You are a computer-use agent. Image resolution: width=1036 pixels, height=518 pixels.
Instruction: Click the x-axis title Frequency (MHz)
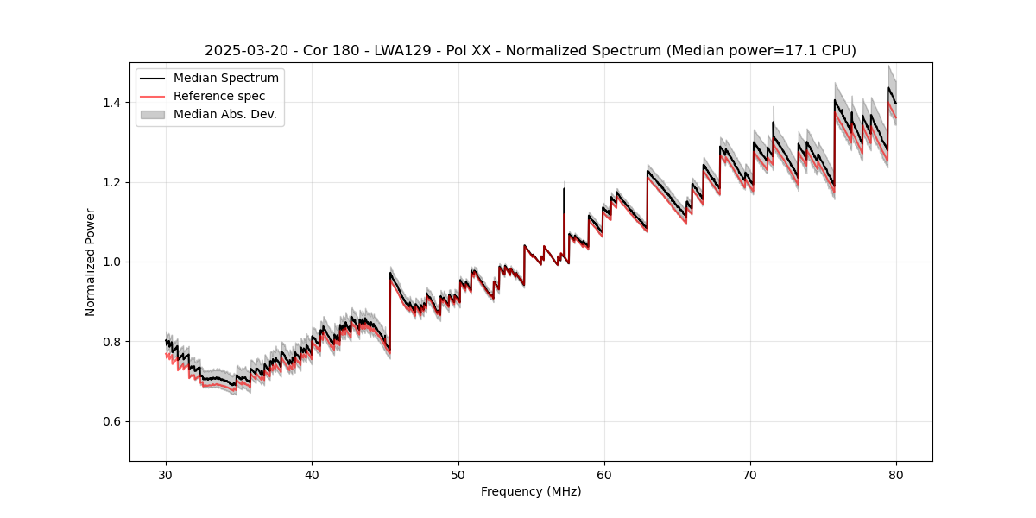click(531, 491)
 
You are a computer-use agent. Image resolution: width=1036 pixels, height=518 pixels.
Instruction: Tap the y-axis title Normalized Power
click(91, 262)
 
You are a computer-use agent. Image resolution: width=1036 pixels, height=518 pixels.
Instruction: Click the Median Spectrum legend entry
click(225, 79)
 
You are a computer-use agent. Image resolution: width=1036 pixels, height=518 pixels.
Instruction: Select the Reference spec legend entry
click(219, 96)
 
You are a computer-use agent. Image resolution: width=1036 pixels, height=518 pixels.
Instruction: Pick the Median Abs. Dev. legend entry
click(224, 114)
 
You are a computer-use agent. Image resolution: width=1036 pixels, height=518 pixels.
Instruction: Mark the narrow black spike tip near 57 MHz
click(564, 188)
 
